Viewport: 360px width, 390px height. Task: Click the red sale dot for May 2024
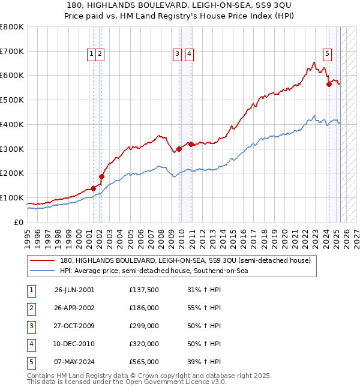329,85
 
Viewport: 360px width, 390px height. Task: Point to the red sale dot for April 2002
102,177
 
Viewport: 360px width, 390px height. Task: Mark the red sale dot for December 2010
191,144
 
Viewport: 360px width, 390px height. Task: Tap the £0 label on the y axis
18,222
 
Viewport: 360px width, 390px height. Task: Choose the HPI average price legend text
154,271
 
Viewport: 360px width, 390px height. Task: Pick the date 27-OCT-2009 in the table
74,326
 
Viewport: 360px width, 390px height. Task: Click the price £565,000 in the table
144,362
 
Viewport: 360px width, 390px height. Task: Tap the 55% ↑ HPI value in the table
204,308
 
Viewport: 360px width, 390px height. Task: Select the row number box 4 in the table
31,344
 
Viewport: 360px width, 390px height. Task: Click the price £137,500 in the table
144,290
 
